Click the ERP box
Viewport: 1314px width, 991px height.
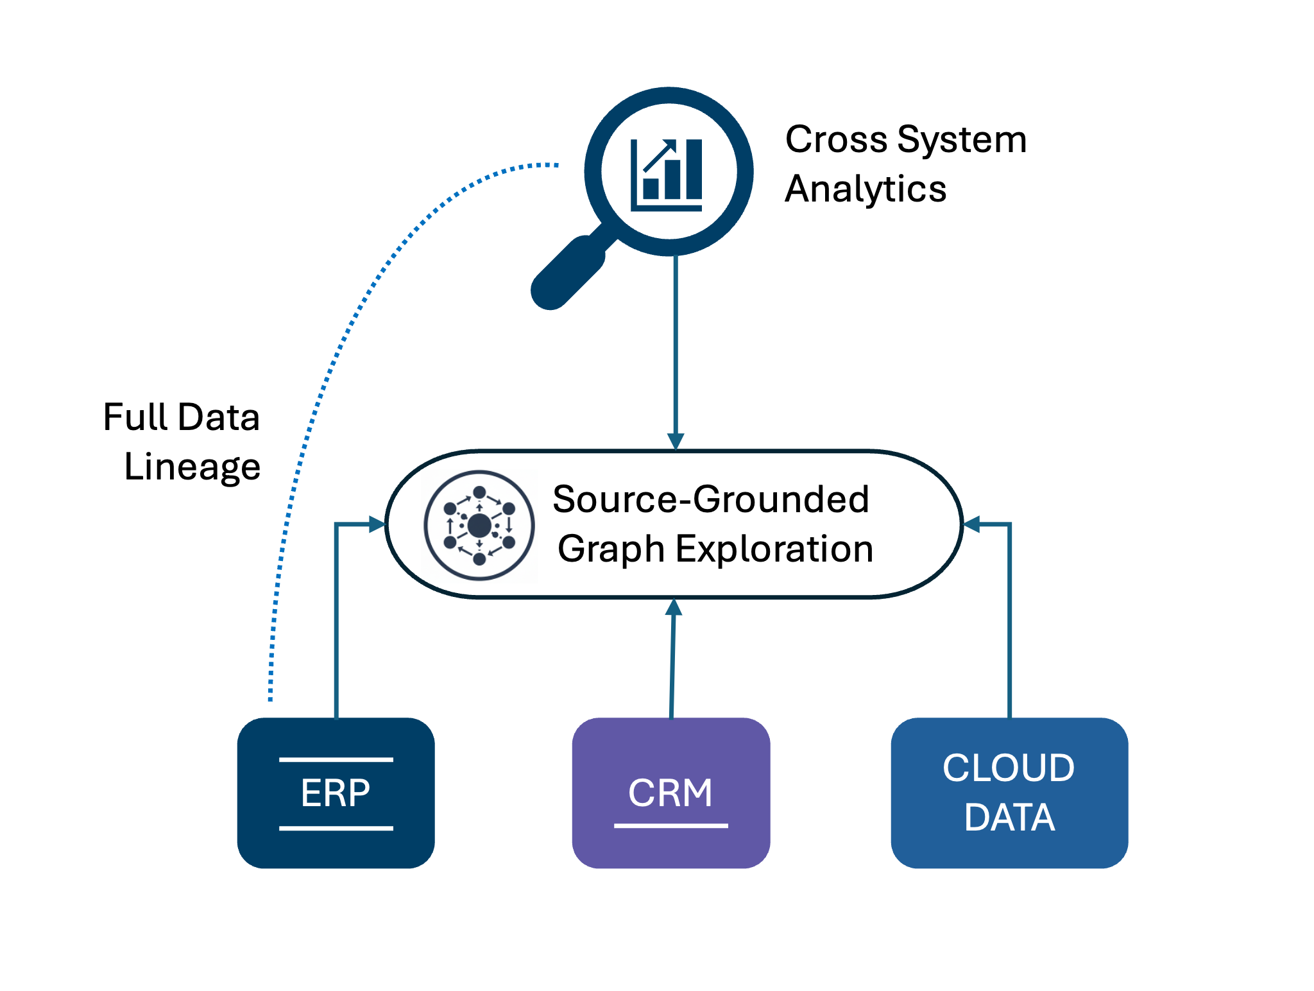(x=336, y=793)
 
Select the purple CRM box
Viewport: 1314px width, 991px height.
(x=670, y=793)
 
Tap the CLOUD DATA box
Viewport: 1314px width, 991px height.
(x=1009, y=793)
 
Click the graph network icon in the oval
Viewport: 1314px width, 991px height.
(x=479, y=526)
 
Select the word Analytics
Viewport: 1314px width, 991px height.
(x=866, y=189)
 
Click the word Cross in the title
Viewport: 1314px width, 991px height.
(x=836, y=139)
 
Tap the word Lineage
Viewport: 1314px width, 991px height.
(x=192, y=467)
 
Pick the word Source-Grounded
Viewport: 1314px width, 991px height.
(x=711, y=499)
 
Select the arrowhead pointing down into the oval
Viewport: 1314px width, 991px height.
(x=676, y=441)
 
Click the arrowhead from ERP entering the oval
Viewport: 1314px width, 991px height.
(x=377, y=524)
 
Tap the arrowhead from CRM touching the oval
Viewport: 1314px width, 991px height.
(x=673, y=607)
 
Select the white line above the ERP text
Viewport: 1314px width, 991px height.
(x=336, y=759)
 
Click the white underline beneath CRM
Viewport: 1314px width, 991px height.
(x=670, y=825)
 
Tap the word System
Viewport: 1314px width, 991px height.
(x=962, y=139)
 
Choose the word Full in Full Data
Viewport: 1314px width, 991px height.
(x=136, y=417)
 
